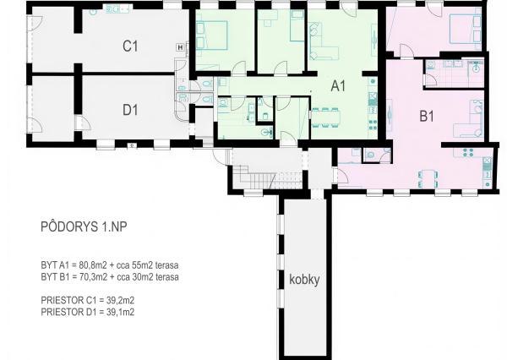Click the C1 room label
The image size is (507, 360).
(130, 46)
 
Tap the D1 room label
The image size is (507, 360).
(130, 110)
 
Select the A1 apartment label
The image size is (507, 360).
(338, 86)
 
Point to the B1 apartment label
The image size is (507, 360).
(427, 116)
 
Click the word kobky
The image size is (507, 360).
(304, 280)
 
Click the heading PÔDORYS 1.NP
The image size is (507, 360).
(84, 226)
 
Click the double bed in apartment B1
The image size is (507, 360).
(465, 29)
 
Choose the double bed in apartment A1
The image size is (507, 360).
(212, 35)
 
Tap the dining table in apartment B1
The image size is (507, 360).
(428, 178)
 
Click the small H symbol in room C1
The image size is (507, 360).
(181, 47)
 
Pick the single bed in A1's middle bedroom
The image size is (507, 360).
(297, 25)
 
